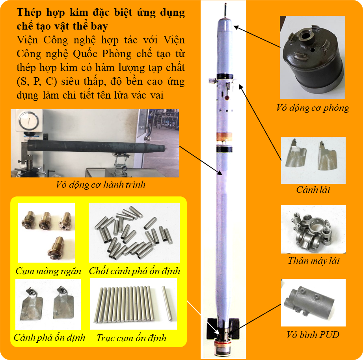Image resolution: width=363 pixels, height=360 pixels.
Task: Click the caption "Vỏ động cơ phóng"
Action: (313, 108)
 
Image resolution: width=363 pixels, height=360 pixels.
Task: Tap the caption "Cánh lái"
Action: (313, 190)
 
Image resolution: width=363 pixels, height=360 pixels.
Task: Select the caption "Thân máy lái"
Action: (314, 261)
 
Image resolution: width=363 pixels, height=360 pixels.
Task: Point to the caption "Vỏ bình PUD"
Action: (313, 335)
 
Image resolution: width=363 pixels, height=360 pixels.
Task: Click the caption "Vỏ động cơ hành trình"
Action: (101, 185)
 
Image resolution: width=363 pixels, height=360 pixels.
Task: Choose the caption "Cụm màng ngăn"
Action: (48, 271)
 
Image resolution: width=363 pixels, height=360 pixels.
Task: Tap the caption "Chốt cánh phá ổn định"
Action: (134, 271)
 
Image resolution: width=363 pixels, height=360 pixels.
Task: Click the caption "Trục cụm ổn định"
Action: (132, 338)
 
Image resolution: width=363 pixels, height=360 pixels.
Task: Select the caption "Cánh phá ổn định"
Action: (49, 338)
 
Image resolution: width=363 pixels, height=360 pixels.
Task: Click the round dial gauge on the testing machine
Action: (29, 121)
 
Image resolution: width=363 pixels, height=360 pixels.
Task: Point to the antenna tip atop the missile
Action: (225, 4)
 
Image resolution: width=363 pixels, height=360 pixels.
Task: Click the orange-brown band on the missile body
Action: (224, 137)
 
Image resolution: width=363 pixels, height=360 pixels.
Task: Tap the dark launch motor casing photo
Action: (313, 57)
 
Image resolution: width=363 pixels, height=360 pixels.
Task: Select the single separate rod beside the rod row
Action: (167, 303)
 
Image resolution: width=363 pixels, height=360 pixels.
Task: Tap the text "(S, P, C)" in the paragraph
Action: (37, 81)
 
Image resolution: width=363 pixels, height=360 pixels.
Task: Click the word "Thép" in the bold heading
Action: (29, 13)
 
